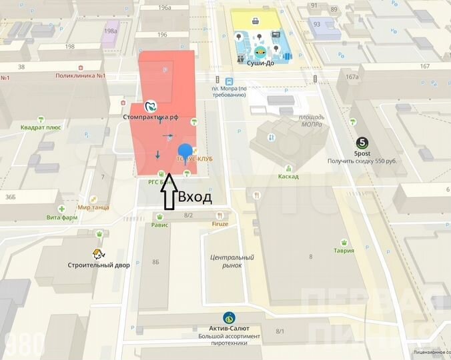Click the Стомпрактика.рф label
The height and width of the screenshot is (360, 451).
151,117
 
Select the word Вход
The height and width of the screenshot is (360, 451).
195,197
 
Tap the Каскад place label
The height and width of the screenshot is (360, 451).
288,177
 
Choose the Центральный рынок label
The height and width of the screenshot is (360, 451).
232,261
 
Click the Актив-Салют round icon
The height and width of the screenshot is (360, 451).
229,319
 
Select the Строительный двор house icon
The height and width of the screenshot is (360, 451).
99,253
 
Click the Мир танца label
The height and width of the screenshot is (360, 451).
93,207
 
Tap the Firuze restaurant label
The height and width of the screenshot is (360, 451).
219,224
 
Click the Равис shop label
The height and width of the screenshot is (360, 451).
159,225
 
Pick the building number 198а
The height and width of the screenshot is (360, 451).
111,31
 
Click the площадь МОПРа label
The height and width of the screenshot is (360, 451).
294,120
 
